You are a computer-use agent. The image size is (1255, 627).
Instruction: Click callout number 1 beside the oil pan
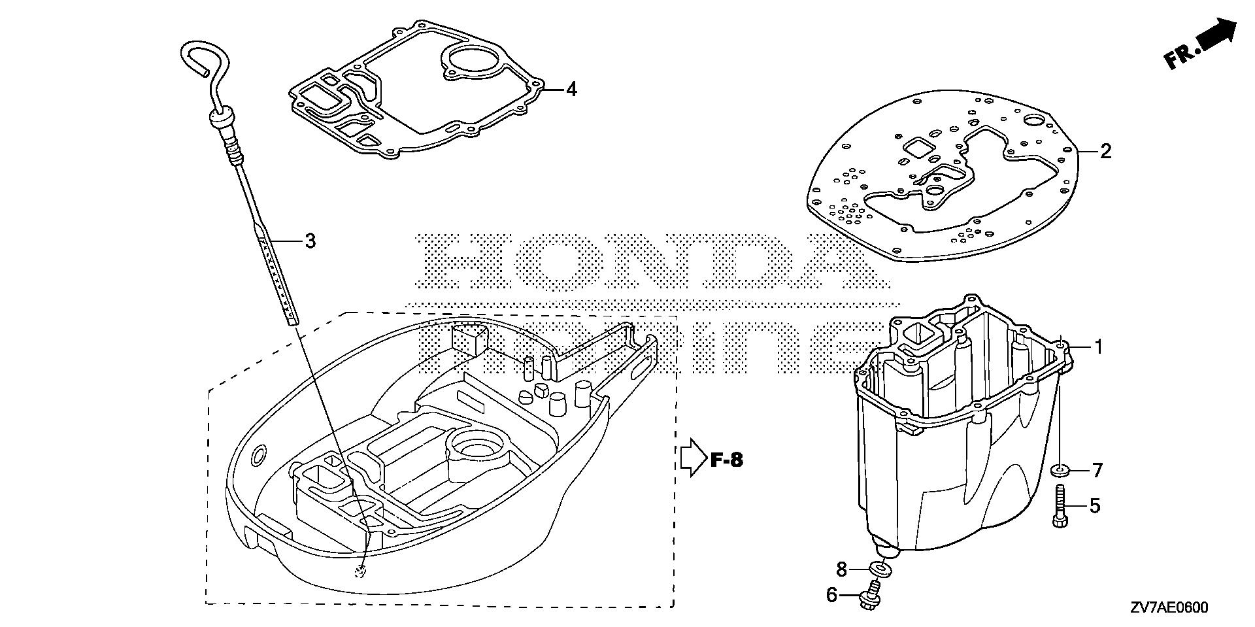click(x=1099, y=347)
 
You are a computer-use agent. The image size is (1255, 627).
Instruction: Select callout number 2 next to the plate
click(x=1105, y=152)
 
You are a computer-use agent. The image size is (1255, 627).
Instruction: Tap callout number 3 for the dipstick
click(x=310, y=241)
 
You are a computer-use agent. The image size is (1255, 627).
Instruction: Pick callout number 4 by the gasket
click(x=571, y=90)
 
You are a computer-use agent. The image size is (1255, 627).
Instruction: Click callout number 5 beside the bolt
click(x=1094, y=505)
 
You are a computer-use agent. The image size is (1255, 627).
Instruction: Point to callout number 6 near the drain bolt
click(x=831, y=596)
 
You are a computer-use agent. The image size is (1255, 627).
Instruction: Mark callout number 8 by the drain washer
click(x=841, y=569)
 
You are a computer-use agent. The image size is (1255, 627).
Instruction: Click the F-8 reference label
click(x=727, y=460)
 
